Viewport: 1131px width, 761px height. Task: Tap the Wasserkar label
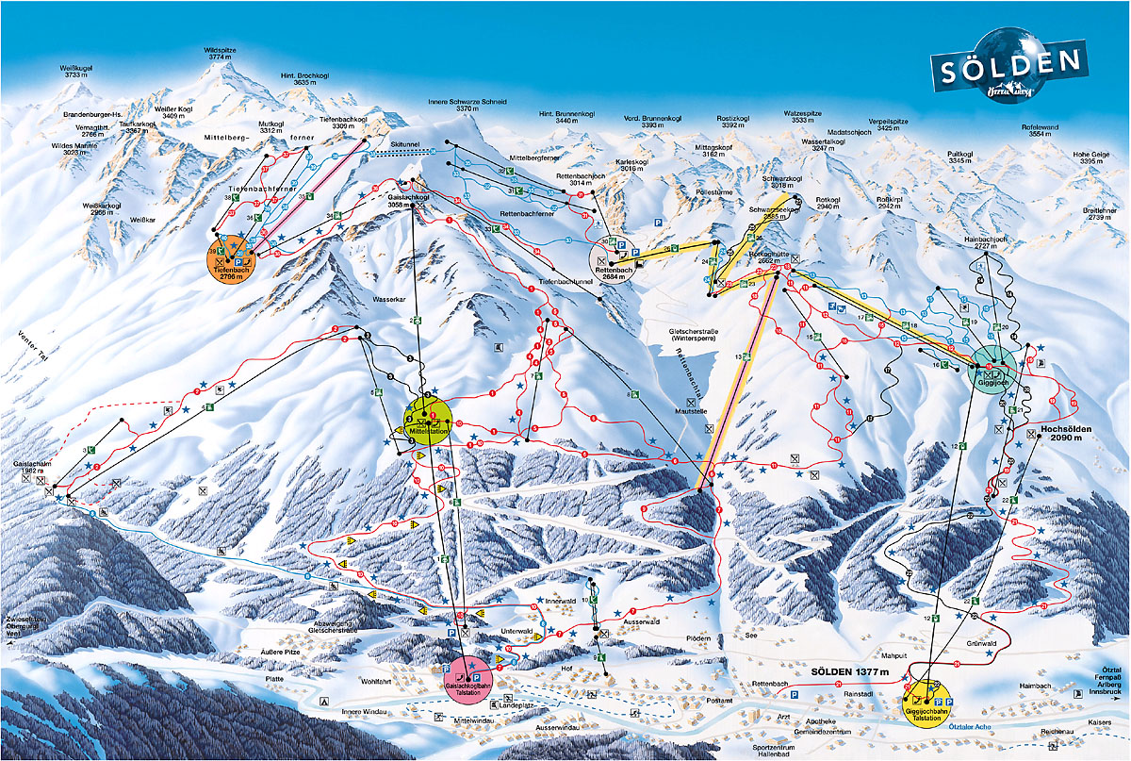(388, 299)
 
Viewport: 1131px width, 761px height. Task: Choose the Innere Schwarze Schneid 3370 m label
(467, 105)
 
